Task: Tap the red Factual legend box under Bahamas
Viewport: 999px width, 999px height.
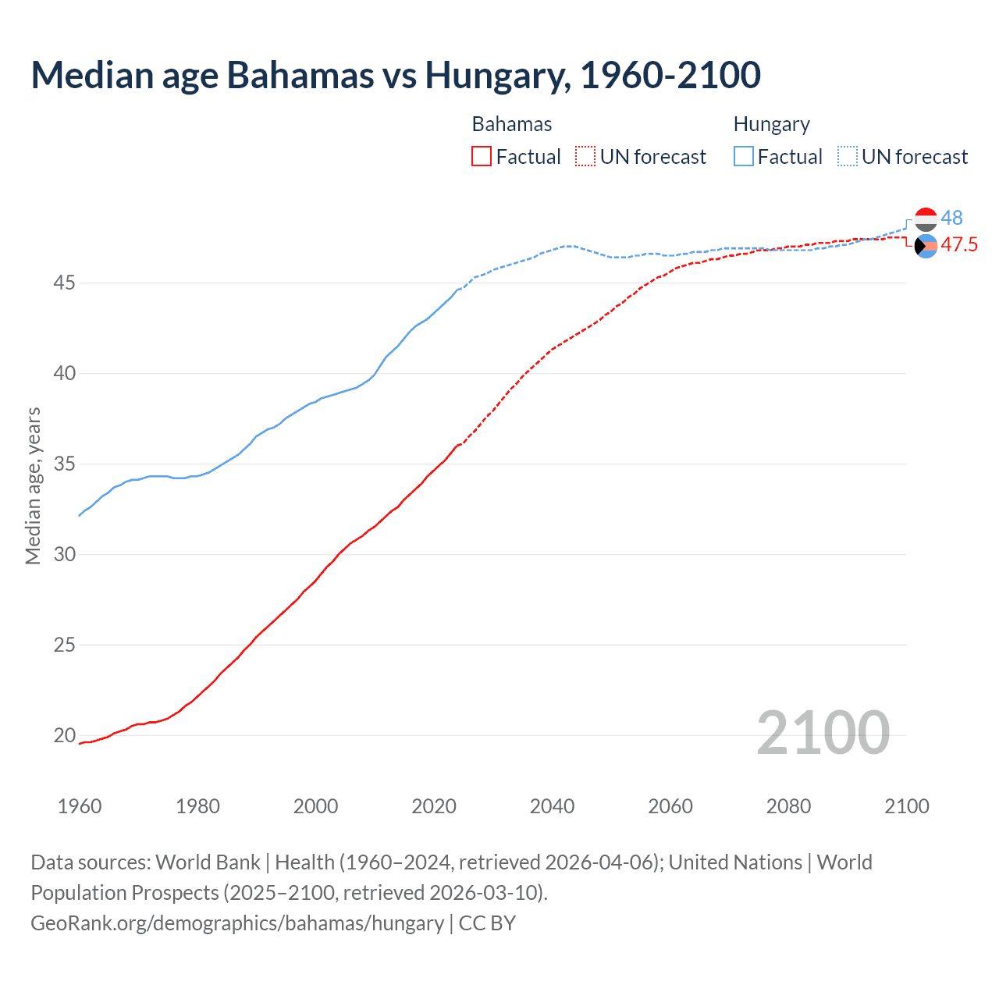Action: click(482, 157)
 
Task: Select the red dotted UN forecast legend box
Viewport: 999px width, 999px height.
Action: click(585, 157)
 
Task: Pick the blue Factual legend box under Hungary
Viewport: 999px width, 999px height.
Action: click(744, 157)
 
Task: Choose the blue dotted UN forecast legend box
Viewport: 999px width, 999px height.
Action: click(847, 157)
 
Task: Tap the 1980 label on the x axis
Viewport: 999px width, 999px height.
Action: click(197, 806)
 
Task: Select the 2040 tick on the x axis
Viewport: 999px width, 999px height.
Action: click(552, 806)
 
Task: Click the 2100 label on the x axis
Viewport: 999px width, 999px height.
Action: click(906, 806)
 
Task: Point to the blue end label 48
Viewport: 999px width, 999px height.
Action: click(951, 218)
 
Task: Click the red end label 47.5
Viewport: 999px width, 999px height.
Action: click(959, 245)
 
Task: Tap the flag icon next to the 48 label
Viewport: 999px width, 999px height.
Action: click(926, 219)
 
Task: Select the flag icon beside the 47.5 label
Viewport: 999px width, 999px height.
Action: click(926, 246)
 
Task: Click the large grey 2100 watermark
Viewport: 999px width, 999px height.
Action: click(823, 732)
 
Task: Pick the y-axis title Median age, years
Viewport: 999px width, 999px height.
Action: click(33, 485)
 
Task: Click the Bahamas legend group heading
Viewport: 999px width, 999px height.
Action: click(512, 124)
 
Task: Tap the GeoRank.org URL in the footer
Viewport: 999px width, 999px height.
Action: click(237, 923)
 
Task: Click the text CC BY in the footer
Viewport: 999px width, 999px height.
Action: click(487, 923)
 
